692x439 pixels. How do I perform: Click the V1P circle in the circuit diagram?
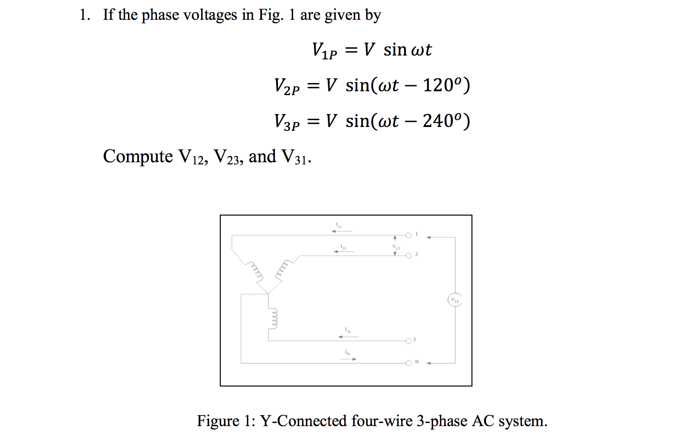pyautogui.click(x=455, y=300)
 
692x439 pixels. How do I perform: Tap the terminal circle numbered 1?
pyautogui.click(x=408, y=235)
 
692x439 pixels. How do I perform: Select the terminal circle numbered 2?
pyautogui.click(x=408, y=256)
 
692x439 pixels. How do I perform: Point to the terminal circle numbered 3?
pyautogui.click(x=408, y=341)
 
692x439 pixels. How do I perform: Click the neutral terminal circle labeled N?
pyautogui.click(x=408, y=363)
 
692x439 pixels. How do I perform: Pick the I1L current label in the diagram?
pyautogui.click(x=339, y=225)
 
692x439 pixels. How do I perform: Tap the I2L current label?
pyautogui.click(x=343, y=247)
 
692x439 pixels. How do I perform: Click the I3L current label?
pyautogui.click(x=348, y=331)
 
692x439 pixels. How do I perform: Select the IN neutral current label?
pyautogui.click(x=347, y=352)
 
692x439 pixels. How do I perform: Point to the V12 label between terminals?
pyautogui.click(x=396, y=247)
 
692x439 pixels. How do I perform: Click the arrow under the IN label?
pyautogui.click(x=349, y=359)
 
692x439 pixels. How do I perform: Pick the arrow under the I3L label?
pyautogui.click(x=348, y=337)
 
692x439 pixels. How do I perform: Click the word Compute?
pyautogui.click(x=138, y=156)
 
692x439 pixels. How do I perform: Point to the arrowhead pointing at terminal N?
pyautogui.click(x=429, y=363)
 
